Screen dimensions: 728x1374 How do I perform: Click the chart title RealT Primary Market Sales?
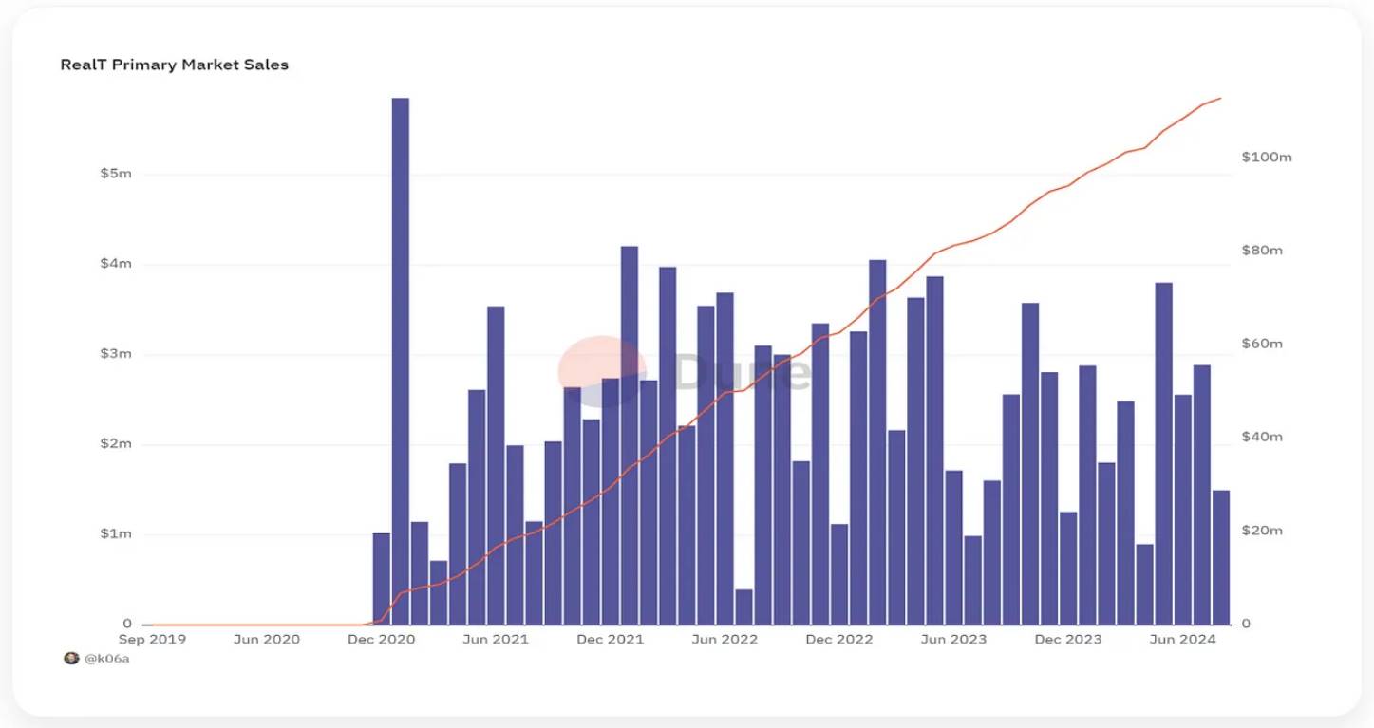(x=174, y=65)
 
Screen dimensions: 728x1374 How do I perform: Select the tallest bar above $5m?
(x=401, y=361)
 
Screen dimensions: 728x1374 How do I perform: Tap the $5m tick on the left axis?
(x=115, y=174)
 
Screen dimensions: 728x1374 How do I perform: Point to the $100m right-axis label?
(x=1267, y=157)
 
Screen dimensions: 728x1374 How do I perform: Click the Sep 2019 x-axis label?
(x=152, y=640)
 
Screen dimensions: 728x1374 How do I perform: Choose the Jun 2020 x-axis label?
(x=266, y=640)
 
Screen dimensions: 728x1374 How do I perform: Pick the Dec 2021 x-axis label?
(x=610, y=640)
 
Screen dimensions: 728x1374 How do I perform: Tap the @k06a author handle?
(x=107, y=659)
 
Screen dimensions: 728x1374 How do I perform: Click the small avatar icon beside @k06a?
(x=71, y=659)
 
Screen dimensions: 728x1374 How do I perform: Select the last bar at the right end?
(x=1220, y=557)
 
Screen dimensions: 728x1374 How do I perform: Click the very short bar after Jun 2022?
(x=743, y=607)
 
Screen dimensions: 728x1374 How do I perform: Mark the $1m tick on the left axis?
(x=115, y=534)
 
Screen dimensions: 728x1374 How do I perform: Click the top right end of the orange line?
(x=1220, y=98)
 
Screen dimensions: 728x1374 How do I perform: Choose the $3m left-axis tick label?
(x=115, y=354)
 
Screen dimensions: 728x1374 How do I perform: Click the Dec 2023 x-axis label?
(x=1067, y=640)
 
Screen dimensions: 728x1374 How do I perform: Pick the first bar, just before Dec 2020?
(x=382, y=579)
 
